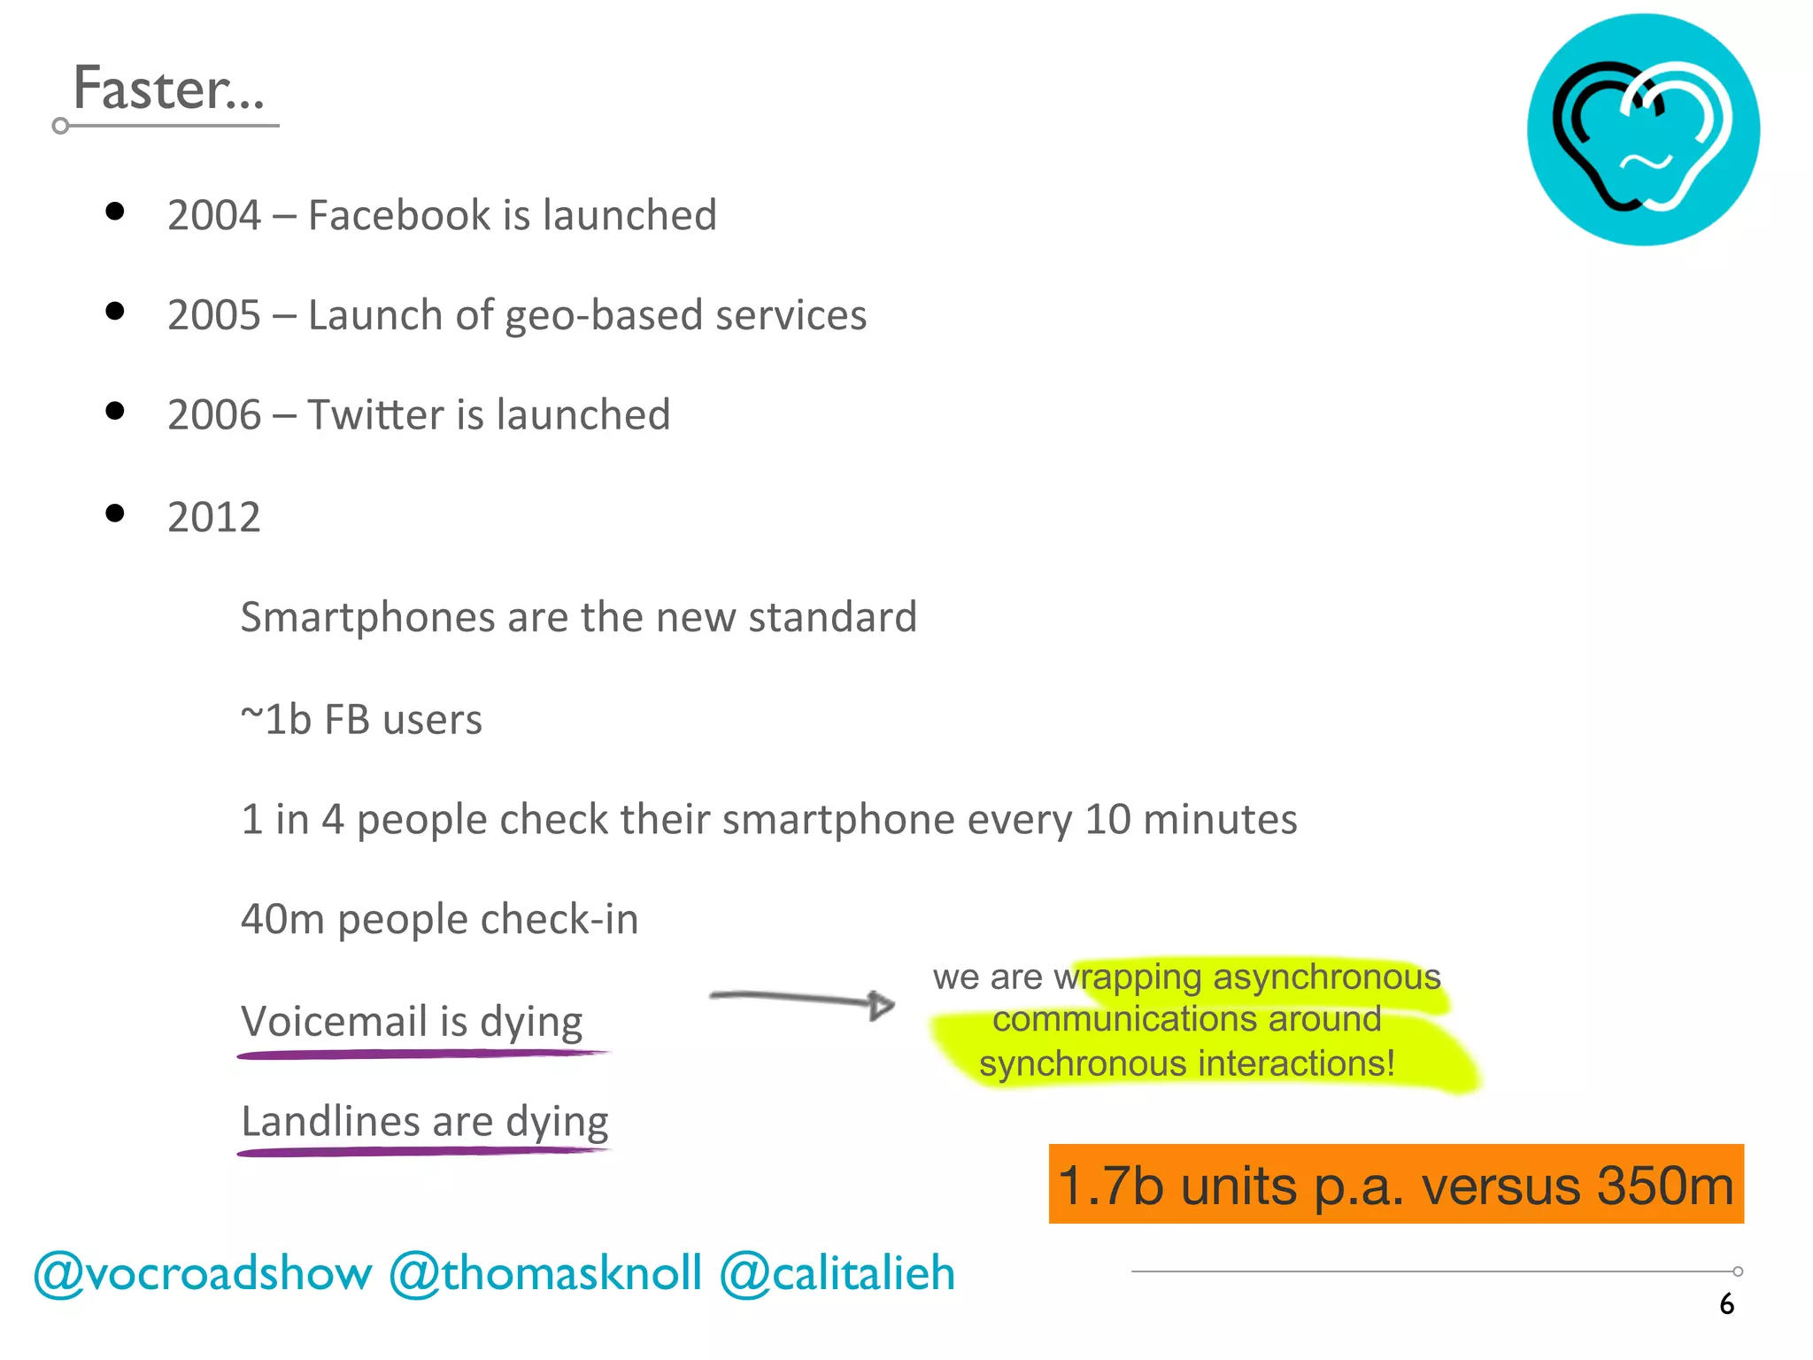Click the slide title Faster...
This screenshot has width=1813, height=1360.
tap(167, 89)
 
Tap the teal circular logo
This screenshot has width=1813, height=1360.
tap(1643, 129)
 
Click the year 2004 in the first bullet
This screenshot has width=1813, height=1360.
tap(214, 215)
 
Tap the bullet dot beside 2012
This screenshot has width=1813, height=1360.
tap(114, 514)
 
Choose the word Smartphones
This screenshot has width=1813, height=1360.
tap(366, 618)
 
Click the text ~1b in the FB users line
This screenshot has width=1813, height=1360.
tap(275, 719)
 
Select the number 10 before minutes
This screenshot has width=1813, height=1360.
tap(1107, 819)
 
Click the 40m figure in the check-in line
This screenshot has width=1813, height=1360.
tap(282, 919)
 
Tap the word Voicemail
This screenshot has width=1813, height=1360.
tap(340, 1021)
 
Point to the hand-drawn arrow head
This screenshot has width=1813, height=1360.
tap(882, 1004)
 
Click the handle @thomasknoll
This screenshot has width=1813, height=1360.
tap(545, 1274)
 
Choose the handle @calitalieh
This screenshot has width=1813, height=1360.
tap(837, 1274)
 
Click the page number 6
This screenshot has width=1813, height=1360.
tap(1726, 1304)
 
